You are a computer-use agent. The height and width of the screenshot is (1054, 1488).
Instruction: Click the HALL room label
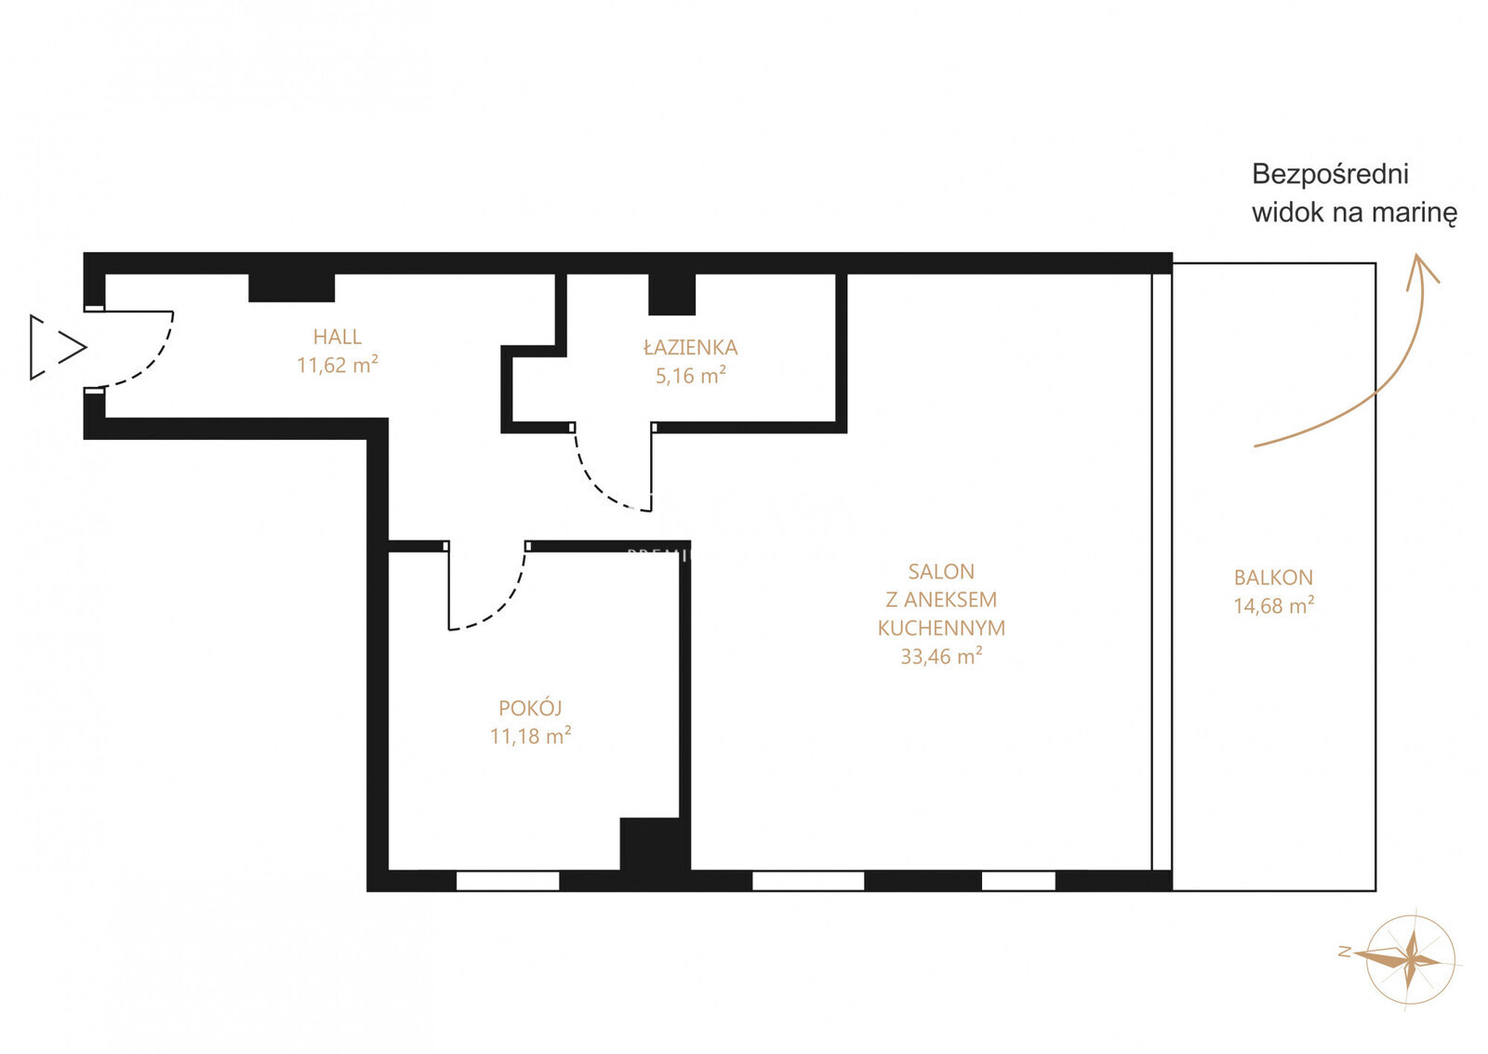pyautogui.click(x=338, y=337)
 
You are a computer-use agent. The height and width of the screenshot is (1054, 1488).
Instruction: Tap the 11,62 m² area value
pyautogui.click(x=338, y=365)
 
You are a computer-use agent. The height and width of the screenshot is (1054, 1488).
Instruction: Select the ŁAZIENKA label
pyautogui.click(x=690, y=347)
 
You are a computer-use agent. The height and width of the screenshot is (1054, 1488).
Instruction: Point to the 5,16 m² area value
pyautogui.click(x=690, y=376)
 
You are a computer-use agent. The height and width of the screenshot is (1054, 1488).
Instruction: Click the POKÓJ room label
pyautogui.click(x=530, y=708)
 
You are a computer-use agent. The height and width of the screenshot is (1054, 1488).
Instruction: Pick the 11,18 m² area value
pyautogui.click(x=530, y=737)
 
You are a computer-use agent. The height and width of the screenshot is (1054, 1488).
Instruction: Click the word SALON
pyautogui.click(x=941, y=571)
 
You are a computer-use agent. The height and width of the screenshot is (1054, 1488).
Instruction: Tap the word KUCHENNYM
pyautogui.click(x=941, y=628)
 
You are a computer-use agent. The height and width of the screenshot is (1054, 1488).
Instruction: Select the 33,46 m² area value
pyautogui.click(x=941, y=657)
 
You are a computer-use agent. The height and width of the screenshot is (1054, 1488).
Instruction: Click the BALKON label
pyautogui.click(x=1273, y=578)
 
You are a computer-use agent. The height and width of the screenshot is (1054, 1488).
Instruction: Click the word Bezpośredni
pyautogui.click(x=1331, y=175)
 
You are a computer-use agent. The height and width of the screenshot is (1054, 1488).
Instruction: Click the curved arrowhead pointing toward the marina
pyautogui.click(x=1420, y=269)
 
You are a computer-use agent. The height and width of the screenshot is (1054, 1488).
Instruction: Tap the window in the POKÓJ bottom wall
pyautogui.click(x=508, y=881)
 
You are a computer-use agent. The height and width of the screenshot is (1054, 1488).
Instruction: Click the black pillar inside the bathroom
pyautogui.click(x=671, y=294)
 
